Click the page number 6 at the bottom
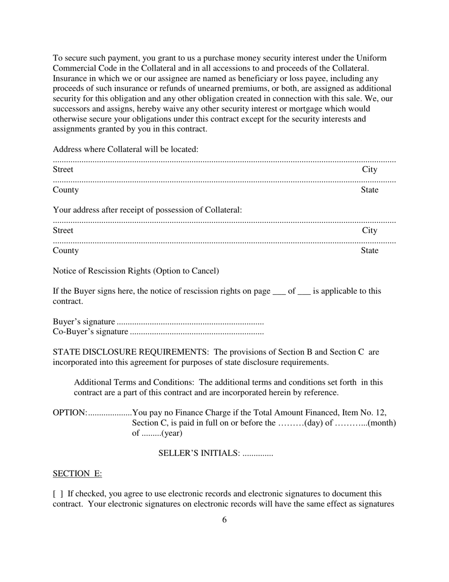pos(224,520)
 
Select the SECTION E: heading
pos(77,474)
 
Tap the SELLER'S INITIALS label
pos(199,453)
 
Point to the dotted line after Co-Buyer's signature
pos(197,332)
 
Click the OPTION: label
pos(69,413)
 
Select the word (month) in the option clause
pos(381,423)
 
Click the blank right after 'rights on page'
pos(279,291)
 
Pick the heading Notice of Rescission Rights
pos(136,271)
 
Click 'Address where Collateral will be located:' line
pos(125,150)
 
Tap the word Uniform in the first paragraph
pos(371,58)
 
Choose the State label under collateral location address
pos(369,190)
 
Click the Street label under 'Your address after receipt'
pos(63,230)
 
